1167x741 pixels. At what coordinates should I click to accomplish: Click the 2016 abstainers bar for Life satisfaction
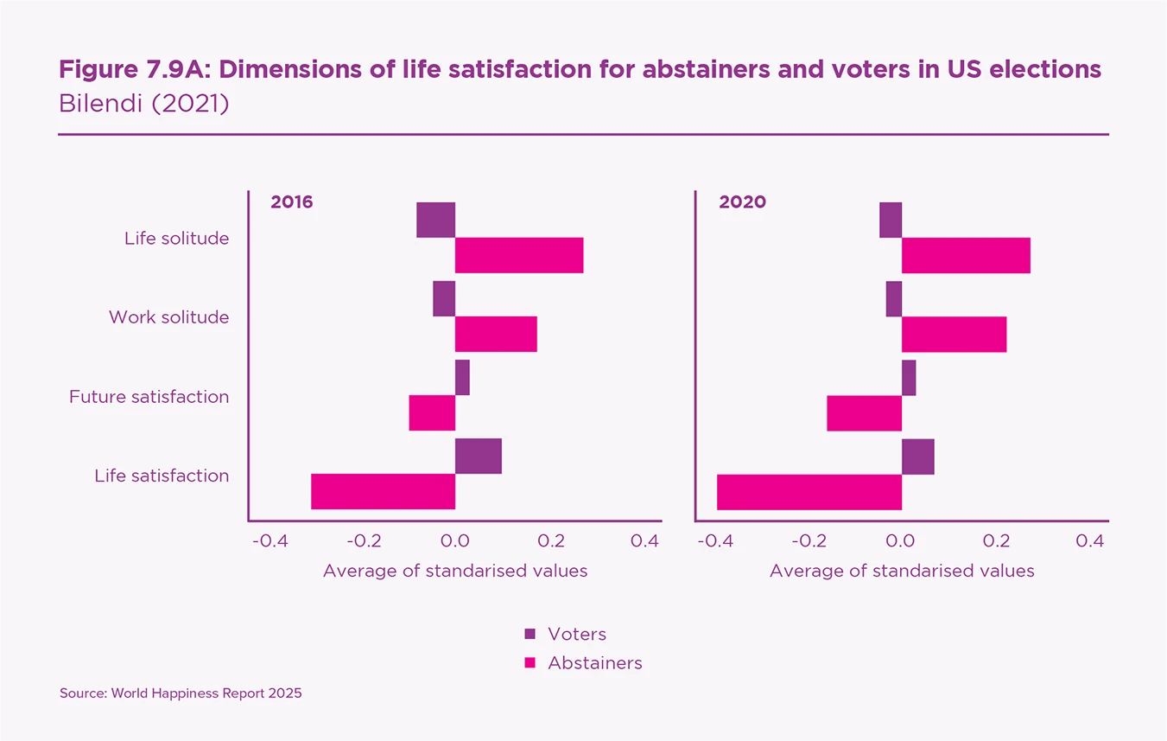383,491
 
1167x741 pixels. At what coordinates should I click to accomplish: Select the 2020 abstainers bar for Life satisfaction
809,491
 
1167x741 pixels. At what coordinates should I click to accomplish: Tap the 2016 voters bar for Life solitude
435,220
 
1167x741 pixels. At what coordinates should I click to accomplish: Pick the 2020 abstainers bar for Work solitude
954,334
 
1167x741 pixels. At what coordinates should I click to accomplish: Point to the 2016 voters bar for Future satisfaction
462,377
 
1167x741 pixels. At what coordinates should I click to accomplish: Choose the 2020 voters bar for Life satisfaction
917,456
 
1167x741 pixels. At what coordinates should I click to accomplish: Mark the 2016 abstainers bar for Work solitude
496,334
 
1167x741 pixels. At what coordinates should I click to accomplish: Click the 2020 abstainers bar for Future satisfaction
864,412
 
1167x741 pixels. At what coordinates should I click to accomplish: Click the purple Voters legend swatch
530,634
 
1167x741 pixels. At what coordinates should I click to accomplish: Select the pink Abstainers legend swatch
530,663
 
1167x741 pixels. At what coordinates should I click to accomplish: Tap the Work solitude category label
168,317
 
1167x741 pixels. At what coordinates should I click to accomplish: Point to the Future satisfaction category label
149,397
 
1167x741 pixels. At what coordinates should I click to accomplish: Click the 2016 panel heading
292,202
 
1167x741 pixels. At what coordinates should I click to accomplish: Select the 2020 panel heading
743,202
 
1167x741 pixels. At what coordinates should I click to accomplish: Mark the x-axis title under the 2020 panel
902,571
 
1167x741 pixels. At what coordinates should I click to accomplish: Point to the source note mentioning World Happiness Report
181,693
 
